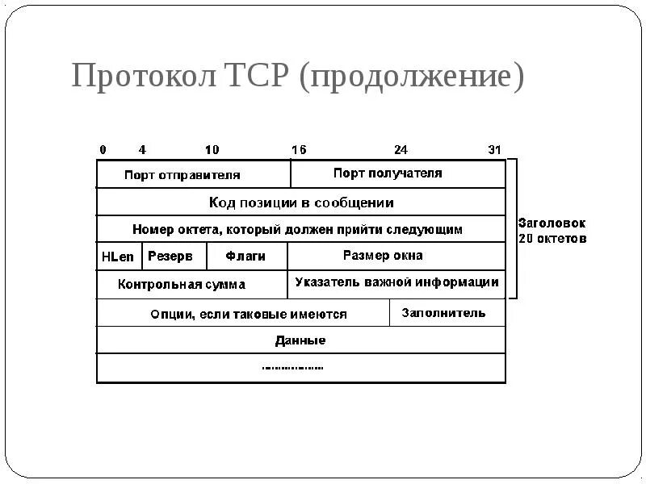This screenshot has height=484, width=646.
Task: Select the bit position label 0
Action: tap(103, 150)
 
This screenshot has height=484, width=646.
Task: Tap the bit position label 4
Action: tap(142, 150)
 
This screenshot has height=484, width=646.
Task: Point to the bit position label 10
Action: tap(212, 150)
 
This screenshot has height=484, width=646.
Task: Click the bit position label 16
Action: tap(299, 150)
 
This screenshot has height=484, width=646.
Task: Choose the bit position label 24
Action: tap(401, 150)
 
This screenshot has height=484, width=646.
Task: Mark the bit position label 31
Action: tap(495, 150)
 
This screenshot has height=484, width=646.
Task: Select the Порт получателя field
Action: tap(388, 173)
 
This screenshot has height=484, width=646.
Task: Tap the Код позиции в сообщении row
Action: tap(301, 202)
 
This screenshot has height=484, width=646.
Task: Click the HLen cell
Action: tap(118, 257)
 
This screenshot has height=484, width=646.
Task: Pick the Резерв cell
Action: tap(170, 257)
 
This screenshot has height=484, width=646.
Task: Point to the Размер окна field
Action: tap(383, 256)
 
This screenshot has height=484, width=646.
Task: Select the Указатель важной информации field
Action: tap(396, 282)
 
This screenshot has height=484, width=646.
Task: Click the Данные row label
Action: tap(300, 340)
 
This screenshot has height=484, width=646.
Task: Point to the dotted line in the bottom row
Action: tap(292, 368)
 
